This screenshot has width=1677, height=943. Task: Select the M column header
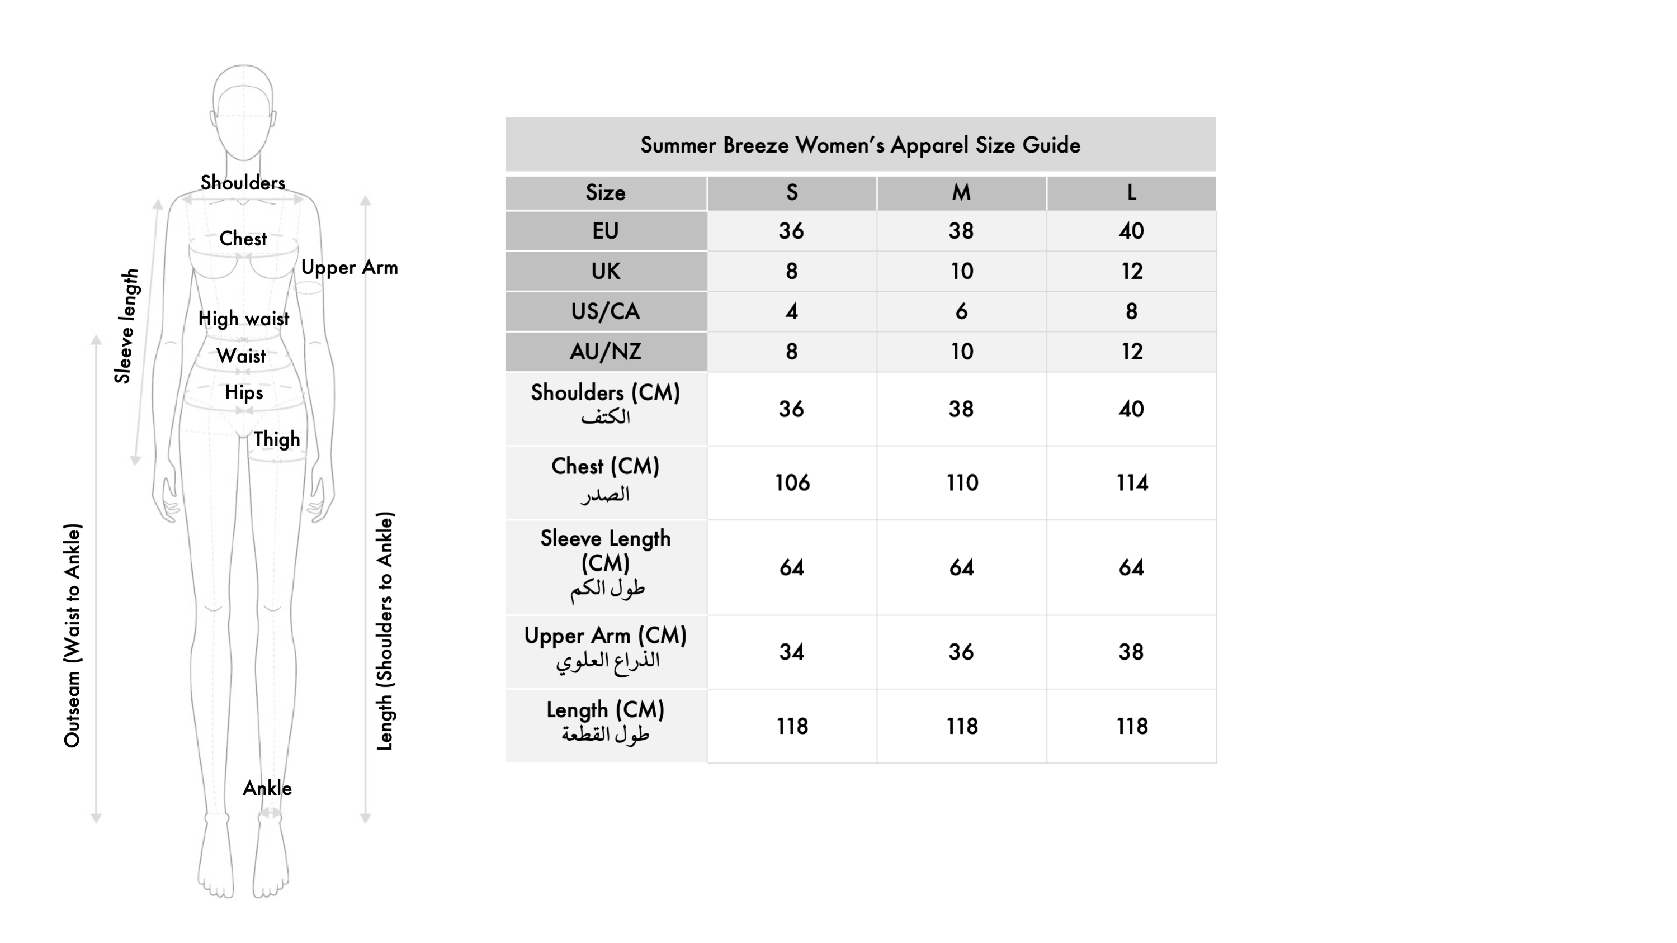click(x=961, y=193)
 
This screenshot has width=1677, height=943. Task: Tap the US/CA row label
click(x=606, y=311)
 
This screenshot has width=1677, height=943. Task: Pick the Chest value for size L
click(x=1131, y=482)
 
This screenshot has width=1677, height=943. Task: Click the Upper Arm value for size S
click(x=792, y=651)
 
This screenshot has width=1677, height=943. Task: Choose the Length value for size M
click(x=962, y=726)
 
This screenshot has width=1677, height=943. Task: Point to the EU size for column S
click(x=792, y=230)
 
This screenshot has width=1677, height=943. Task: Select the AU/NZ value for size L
click(x=1131, y=352)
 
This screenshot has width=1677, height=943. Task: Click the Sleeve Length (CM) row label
click(x=606, y=563)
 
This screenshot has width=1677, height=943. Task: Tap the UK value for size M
click(x=962, y=271)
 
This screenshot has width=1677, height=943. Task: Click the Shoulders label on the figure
click(x=243, y=183)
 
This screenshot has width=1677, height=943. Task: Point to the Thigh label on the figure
click(x=277, y=439)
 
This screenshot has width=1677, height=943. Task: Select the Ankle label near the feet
click(x=267, y=788)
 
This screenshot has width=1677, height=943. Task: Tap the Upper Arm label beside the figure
click(x=349, y=268)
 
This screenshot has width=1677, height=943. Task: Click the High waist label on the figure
click(x=243, y=319)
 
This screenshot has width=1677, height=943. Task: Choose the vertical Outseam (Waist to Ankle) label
click(x=72, y=635)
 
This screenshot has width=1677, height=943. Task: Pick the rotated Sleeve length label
click(x=126, y=326)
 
